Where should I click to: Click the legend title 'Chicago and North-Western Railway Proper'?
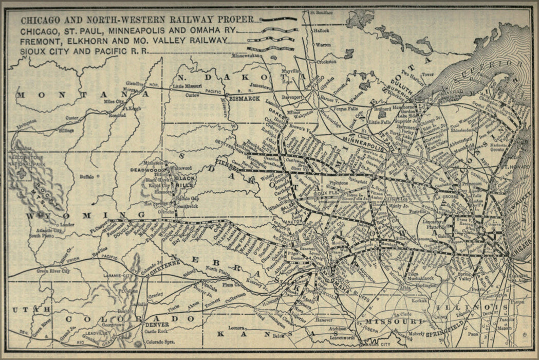[x=138, y=20]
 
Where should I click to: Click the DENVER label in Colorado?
[x=157, y=325]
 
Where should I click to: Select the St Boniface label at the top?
[x=322, y=11]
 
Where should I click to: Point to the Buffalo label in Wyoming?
[x=86, y=176]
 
